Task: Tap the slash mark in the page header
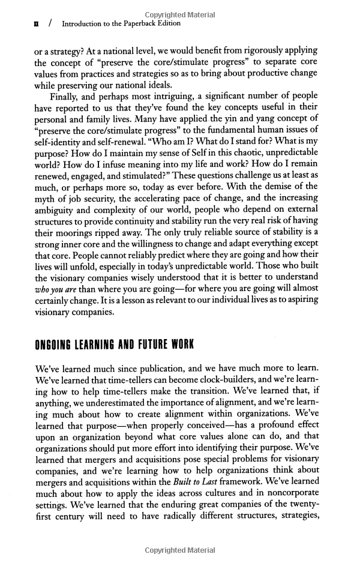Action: (51, 23)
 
